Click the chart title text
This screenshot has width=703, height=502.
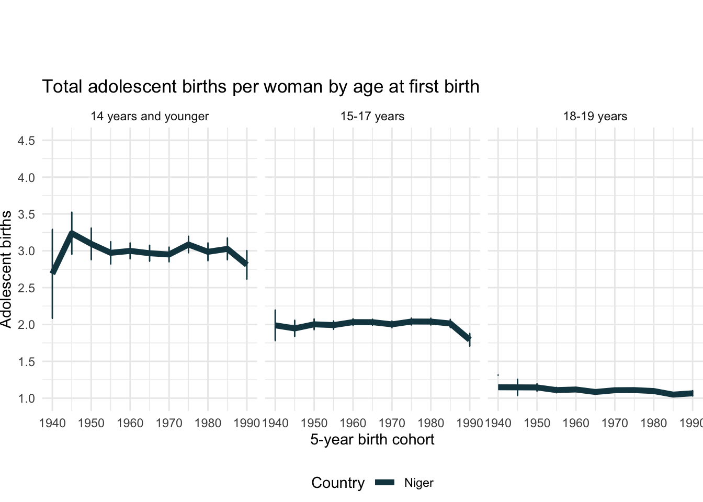tap(260, 86)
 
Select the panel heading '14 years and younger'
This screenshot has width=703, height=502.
tap(150, 116)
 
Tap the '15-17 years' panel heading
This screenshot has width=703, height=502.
tap(372, 116)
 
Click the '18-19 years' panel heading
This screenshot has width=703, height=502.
tap(595, 116)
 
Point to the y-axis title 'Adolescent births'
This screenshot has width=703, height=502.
tap(6, 269)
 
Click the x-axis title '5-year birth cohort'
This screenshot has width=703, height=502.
tap(372, 439)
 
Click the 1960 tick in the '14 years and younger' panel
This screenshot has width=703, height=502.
tap(130, 423)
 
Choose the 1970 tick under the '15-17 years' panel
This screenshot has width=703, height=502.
tap(392, 423)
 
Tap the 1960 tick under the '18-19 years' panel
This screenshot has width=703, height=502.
tap(576, 423)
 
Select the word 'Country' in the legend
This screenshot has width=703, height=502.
tap(338, 483)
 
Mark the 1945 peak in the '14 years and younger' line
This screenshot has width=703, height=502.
tap(72, 233)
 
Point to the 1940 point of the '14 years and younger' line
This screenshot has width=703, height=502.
tap(52, 272)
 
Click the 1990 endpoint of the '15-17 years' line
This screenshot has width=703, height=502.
tap(470, 339)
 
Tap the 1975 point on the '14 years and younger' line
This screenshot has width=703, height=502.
tap(188, 244)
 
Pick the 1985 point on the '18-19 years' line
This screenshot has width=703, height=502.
tap(673, 394)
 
